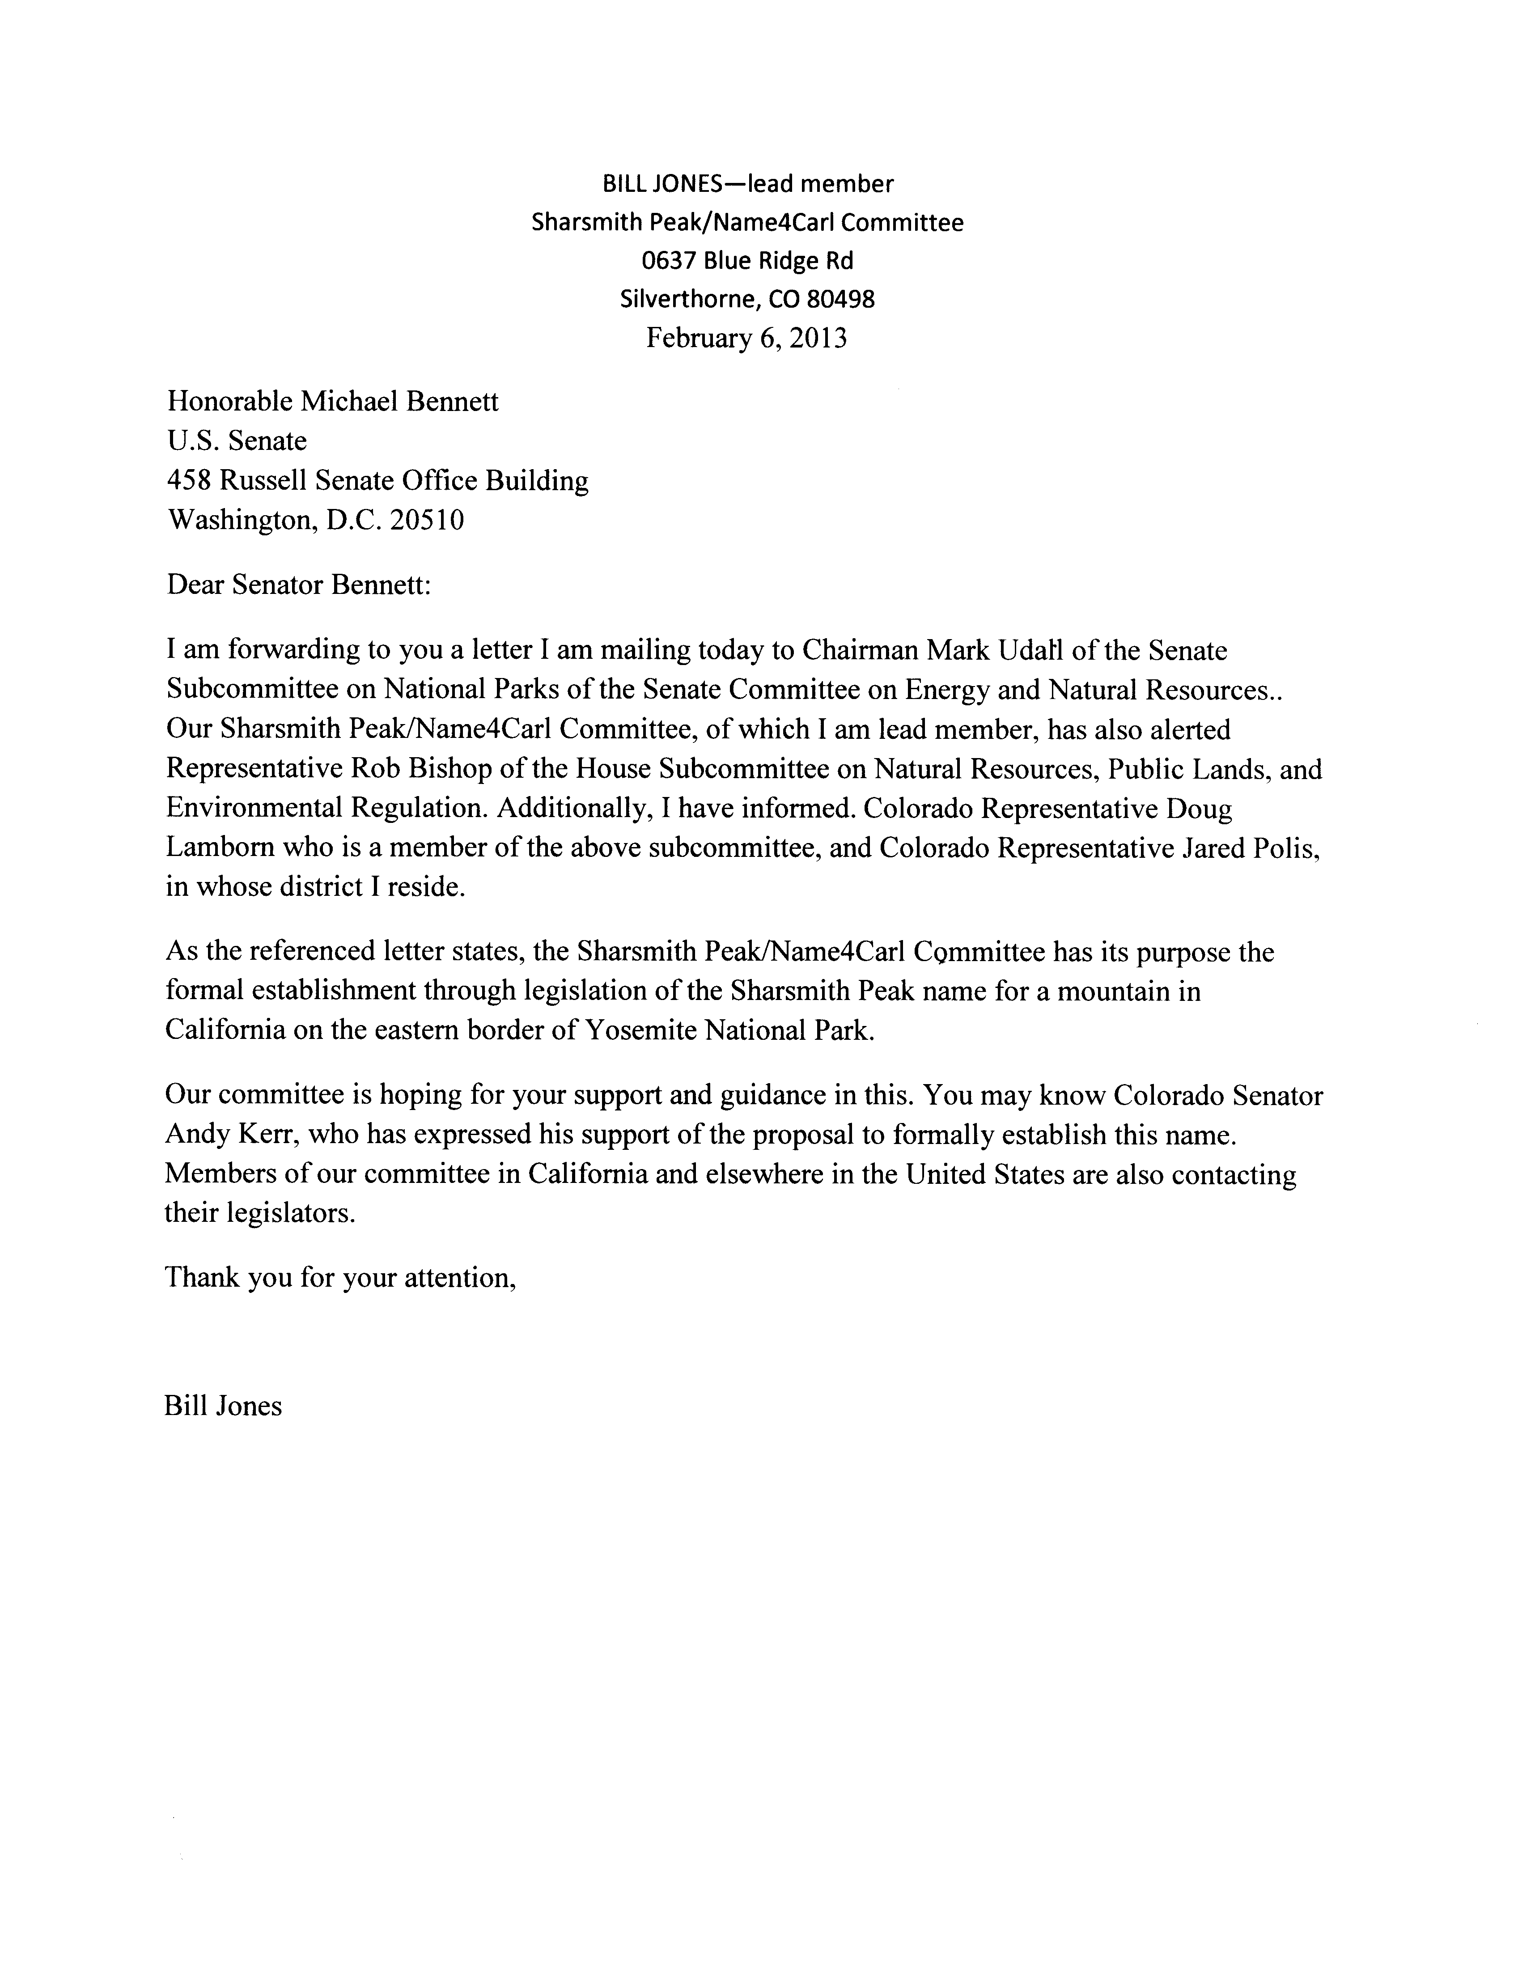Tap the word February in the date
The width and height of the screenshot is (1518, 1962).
point(695,339)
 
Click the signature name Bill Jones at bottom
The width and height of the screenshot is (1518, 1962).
point(223,1406)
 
